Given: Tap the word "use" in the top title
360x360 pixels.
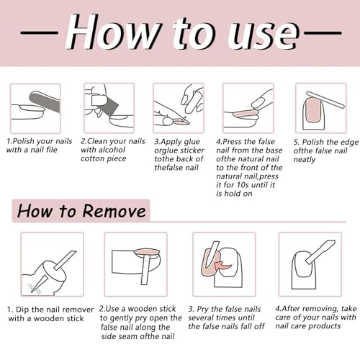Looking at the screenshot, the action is tap(264, 35).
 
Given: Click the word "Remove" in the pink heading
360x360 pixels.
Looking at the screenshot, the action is tap(114, 211).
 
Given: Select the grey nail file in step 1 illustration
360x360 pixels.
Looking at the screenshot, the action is tap(45, 102).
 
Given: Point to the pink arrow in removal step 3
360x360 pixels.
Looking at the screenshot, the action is tap(223, 266).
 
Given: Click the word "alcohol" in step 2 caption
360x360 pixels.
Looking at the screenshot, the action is tap(112, 150).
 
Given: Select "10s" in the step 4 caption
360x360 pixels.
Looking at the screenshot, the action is tap(249, 185).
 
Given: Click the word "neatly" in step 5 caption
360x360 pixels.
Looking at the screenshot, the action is tap(305, 160).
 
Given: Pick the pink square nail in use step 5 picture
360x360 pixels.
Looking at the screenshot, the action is tap(313, 109).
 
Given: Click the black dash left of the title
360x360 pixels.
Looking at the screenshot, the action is tap(40, 32).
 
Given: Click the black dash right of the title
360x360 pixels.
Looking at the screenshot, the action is tap(323, 32).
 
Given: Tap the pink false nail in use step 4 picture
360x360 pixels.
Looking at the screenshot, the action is tap(246, 113).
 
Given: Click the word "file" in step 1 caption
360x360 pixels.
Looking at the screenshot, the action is tap(52, 150).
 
